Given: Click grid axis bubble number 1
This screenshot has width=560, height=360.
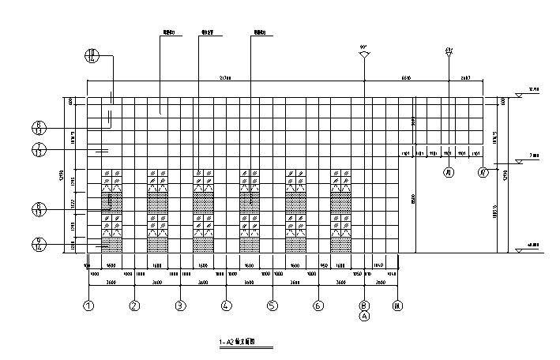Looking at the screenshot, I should pyautogui.click(x=89, y=306).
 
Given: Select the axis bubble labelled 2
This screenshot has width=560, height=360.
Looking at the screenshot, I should pyautogui.click(x=135, y=306).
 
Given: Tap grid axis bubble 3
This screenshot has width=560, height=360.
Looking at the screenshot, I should pyautogui.click(x=180, y=306).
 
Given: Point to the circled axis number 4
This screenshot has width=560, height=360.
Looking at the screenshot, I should pyautogui.click(x=226, y=306).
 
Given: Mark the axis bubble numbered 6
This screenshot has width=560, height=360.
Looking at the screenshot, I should pyautogui.click(x=317, y=306).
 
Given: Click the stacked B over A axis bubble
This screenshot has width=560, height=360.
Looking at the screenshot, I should pyautogui.click(x=364, y=309).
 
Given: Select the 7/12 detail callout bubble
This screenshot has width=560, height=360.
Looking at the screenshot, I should pyautogui.click(x=38, y=150).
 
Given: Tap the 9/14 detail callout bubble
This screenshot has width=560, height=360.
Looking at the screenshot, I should pyautogui.click(x=38, y=245).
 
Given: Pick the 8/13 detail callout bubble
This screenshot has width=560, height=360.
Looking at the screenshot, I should pyautogui.click(x=38, y=209).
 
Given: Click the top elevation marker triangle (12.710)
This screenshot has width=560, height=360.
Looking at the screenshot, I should pyautogui.click(x=520, y=93).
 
